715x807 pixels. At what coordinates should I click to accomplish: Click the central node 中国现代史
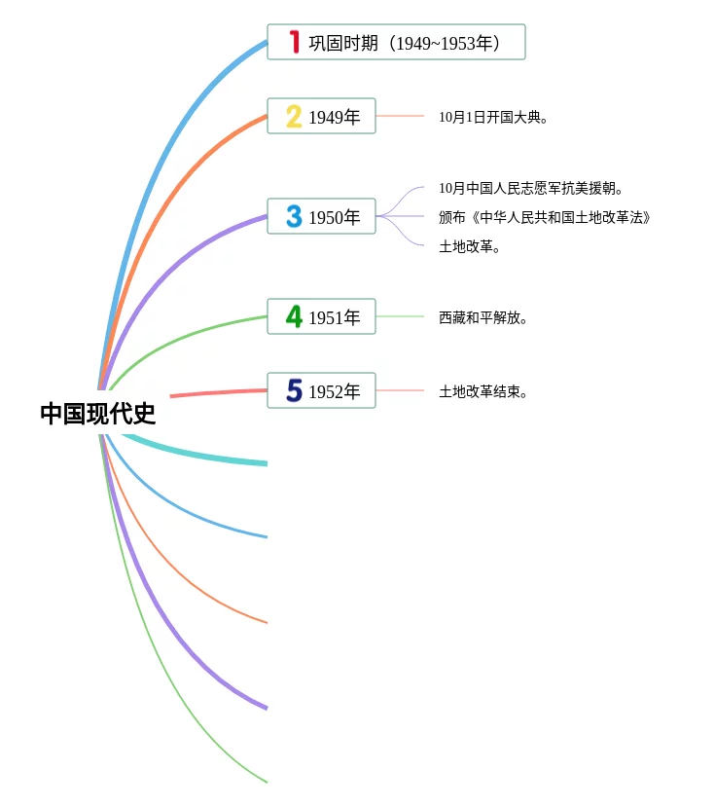pos(97,414)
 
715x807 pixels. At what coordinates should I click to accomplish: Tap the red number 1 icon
pos(294,42)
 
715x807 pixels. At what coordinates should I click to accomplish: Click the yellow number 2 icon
pos(294,117)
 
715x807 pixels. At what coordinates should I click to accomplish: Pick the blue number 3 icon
pos(294,216)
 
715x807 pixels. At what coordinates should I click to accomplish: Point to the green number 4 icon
pos(294,316)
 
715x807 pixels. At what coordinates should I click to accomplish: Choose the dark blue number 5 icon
pos(294,390)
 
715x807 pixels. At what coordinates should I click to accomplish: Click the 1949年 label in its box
pos(334,118)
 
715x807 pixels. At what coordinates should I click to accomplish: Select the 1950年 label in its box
pos(334,218)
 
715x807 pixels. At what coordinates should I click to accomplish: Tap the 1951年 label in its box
pos(334,317)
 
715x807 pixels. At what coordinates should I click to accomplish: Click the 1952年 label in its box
pos(334,392)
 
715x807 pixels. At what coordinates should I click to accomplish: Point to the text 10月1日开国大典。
pos(493,117)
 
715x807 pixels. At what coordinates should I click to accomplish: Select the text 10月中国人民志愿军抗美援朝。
pos(530,188)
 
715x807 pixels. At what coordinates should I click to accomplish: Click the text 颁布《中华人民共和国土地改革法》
pos(544,217)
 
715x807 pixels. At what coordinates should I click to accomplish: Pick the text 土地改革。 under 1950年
pos(469,246)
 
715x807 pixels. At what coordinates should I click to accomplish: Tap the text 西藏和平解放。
pos(483,317)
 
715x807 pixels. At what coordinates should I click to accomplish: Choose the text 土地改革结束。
pos(483,391)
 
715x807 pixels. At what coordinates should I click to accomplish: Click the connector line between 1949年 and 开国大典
pos(400,116)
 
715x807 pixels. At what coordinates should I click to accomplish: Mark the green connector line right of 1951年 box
pos(400,316)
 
